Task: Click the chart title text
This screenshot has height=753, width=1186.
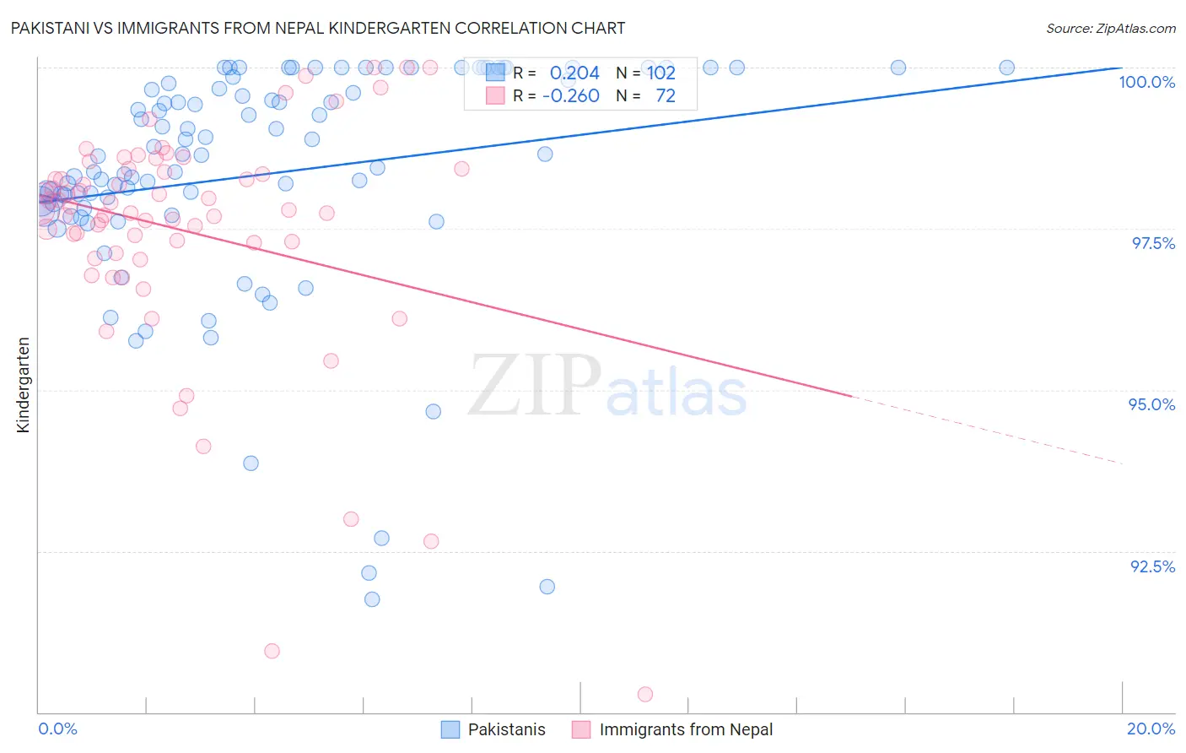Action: coord(318,28)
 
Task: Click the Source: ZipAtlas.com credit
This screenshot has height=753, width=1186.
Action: coord(1110,28)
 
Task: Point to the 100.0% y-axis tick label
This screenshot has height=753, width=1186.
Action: coord(1146,82)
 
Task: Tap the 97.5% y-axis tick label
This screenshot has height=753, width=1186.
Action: coord(1153,243)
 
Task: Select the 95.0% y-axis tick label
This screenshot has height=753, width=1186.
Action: coord(1151,404)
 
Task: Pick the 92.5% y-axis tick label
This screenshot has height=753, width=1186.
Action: coord(1152,566)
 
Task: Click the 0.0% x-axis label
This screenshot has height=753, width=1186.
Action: coord(58,729)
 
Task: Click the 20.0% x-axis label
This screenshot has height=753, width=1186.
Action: coord(1151,729)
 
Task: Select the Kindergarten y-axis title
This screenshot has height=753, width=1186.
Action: coord(24,385)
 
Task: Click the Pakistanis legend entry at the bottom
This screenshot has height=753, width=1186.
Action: coord(506,729)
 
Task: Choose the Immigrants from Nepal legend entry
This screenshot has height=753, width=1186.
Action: coord(685,729)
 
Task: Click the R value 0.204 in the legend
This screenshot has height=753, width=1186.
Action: coord(574,73)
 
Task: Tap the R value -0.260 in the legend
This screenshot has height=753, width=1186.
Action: coord(571,95)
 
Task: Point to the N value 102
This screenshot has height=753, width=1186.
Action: coord(661,73)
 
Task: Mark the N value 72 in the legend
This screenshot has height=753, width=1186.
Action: coord(666,95)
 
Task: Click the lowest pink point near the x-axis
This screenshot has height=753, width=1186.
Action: coord(645,694)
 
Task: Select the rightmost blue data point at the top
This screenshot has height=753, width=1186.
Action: coord(1006,68)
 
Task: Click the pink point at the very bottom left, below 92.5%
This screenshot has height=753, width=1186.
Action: coord(272,651)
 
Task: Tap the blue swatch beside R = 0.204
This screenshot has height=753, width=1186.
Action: coord(495,73)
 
